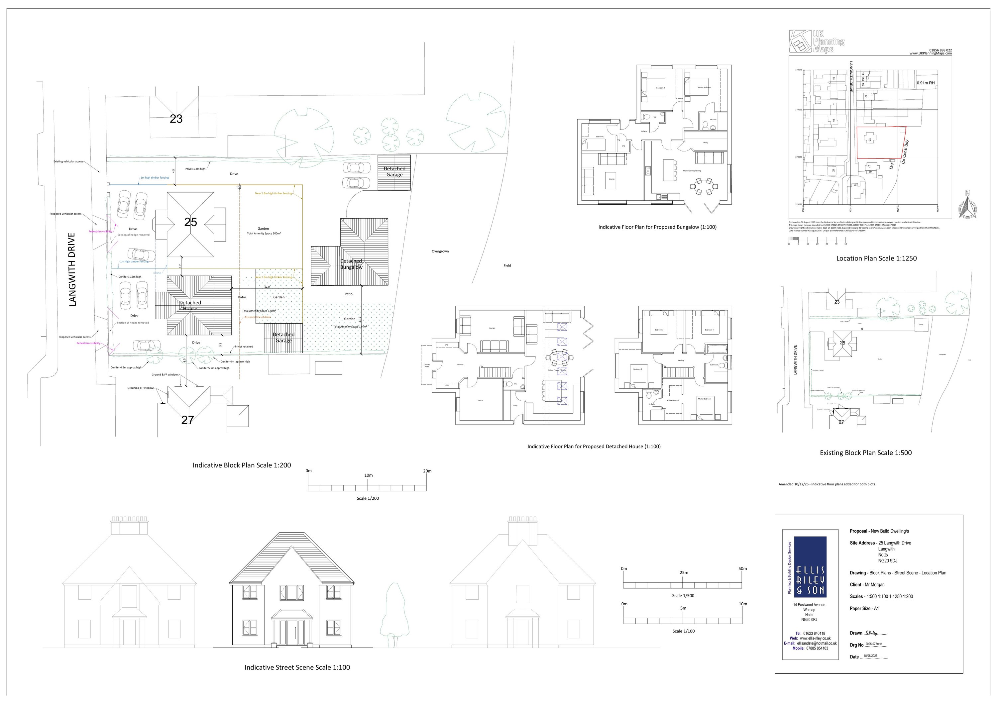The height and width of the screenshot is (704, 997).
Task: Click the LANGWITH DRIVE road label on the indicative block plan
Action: coord(72,269)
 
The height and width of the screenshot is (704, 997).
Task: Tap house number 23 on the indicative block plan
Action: coord(176,119)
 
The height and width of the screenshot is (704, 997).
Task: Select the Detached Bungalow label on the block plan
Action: coord(351,264)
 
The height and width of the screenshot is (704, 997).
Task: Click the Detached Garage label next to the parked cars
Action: coord(394,171)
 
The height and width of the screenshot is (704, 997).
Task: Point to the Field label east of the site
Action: coord(507,265)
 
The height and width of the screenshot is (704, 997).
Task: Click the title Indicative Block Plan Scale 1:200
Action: coord(241,465)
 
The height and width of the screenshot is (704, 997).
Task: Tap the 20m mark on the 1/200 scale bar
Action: coord(427,471)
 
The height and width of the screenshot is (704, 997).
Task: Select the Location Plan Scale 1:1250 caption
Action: coord(876,258)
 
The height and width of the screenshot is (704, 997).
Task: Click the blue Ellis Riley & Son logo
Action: coord(810,567)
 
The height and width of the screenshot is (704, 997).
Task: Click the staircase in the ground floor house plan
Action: coord(496,372)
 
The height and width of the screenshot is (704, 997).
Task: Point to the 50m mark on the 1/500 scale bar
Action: coord(742,568)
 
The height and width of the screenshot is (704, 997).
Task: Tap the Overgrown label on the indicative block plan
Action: coord(440,251)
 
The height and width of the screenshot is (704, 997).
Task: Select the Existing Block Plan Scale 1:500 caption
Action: coord(865,453)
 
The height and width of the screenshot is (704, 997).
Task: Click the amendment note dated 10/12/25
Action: coord(826,484)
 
